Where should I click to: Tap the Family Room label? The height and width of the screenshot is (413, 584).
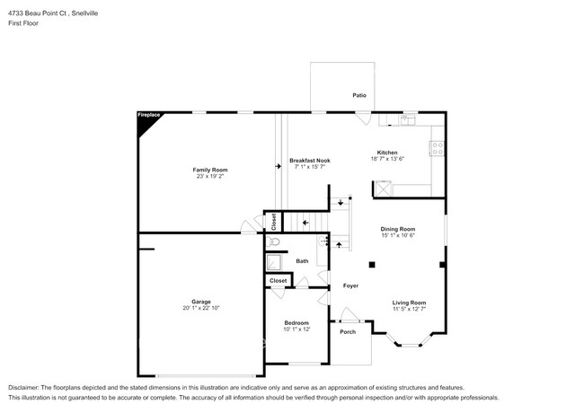point(210,170)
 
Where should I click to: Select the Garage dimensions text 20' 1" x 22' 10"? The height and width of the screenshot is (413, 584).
point(201,308)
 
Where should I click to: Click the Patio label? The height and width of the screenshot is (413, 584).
point(359,95)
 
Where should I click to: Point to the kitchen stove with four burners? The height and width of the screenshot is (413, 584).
point(437,148)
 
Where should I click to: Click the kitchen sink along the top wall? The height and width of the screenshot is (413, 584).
point(409,119)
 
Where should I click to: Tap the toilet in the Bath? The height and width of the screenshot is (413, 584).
point(273,242)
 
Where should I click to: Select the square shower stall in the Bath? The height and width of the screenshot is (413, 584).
point(274,262)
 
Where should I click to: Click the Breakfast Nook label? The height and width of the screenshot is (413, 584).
point(310,161)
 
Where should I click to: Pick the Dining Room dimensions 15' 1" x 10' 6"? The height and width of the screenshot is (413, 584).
point(398,235)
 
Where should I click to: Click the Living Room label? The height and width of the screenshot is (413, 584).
point(409,303)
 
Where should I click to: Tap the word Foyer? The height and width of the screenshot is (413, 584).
point(350,286)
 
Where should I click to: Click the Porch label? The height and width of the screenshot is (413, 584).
point(348,332)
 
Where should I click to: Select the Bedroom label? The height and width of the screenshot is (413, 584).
point(296,323)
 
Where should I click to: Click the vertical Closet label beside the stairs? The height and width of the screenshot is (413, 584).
point(274,222)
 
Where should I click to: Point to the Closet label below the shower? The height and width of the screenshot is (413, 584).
point(279,280)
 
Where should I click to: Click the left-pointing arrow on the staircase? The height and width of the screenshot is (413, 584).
point(305,223)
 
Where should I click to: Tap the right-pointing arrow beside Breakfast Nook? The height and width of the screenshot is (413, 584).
point(279,166)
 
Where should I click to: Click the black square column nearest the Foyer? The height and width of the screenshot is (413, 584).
point(372,265)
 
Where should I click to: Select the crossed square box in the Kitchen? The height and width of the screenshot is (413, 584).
point(384,189)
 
